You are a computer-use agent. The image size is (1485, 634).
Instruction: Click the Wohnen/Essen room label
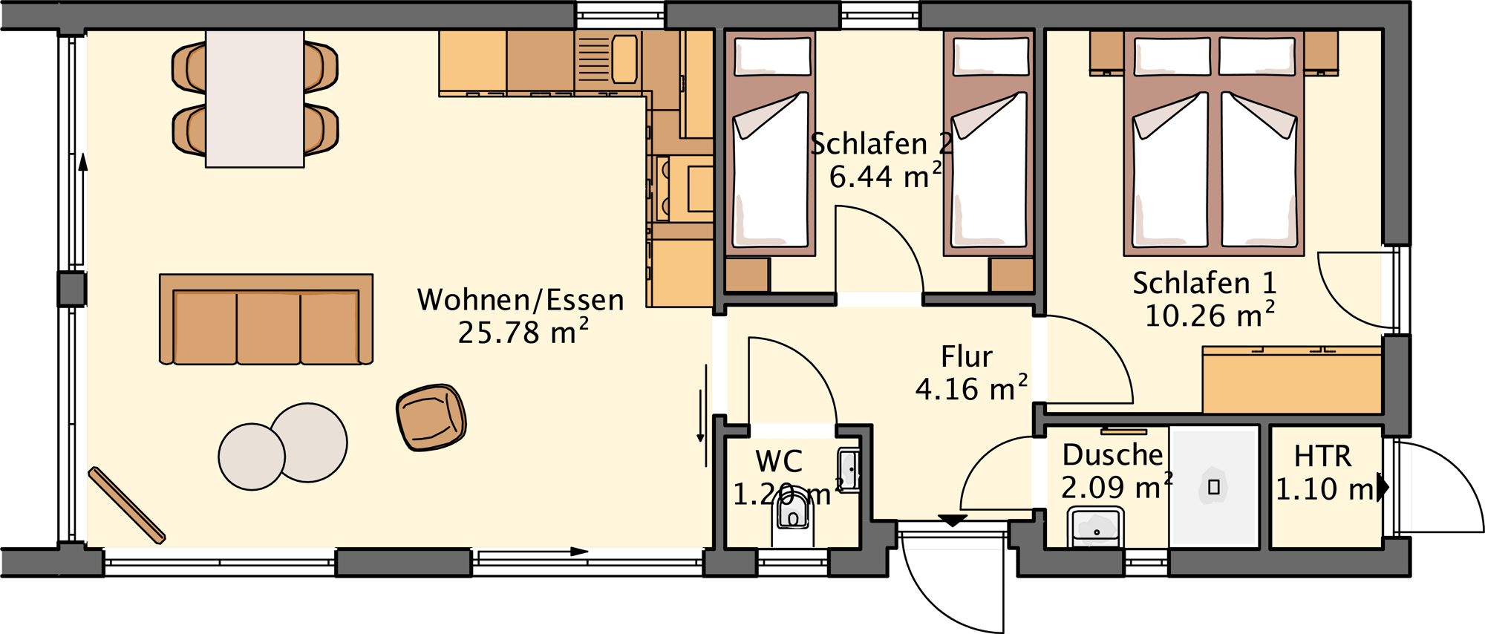(520, 300)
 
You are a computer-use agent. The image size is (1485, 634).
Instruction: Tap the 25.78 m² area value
(523, 332)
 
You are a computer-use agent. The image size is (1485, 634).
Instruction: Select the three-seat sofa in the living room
(266, 321)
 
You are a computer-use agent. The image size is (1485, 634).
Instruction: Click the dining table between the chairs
(255, 99)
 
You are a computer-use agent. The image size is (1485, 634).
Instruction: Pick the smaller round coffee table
(251, 457)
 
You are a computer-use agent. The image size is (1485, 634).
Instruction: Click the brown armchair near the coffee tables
(431, 417)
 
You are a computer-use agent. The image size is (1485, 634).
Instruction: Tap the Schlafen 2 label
(880, 144)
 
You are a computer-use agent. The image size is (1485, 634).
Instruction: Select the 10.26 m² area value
(1209, 316)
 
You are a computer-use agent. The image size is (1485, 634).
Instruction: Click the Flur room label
(966, 357)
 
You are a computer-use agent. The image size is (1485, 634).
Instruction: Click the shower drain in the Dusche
(1214, 487)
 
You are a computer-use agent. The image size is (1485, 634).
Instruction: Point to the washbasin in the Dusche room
(1095, 527)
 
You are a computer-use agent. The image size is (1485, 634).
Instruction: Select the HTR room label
(1322, 456)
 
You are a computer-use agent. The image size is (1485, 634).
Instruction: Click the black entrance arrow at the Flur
(952, 520)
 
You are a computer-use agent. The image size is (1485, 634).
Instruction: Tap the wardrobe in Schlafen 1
(1292, 380)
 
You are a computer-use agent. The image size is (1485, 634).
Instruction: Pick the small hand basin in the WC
(849, 470)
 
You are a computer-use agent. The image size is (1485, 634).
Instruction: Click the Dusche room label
(1112, 455)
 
